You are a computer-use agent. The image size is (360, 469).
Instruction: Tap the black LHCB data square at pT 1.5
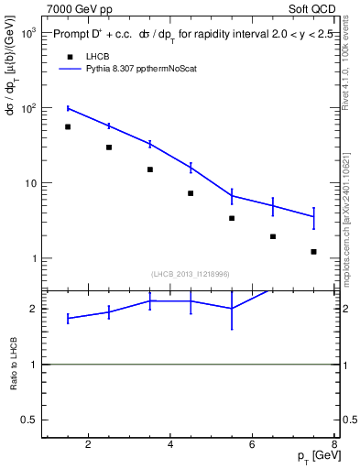68,126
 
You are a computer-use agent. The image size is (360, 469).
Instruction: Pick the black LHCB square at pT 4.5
191,193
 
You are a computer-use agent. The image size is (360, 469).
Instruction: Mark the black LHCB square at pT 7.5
313,251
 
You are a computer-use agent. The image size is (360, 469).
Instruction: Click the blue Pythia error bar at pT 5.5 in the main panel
232,195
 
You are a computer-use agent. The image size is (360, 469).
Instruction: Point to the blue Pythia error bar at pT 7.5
313,217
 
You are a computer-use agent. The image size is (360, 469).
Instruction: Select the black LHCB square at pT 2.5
109,147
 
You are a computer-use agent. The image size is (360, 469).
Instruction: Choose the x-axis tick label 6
253,446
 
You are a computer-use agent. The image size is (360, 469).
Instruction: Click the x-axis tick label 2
88,446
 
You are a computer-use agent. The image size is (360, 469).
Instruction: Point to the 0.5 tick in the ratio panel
29,420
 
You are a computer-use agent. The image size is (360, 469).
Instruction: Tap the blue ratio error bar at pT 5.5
232,309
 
